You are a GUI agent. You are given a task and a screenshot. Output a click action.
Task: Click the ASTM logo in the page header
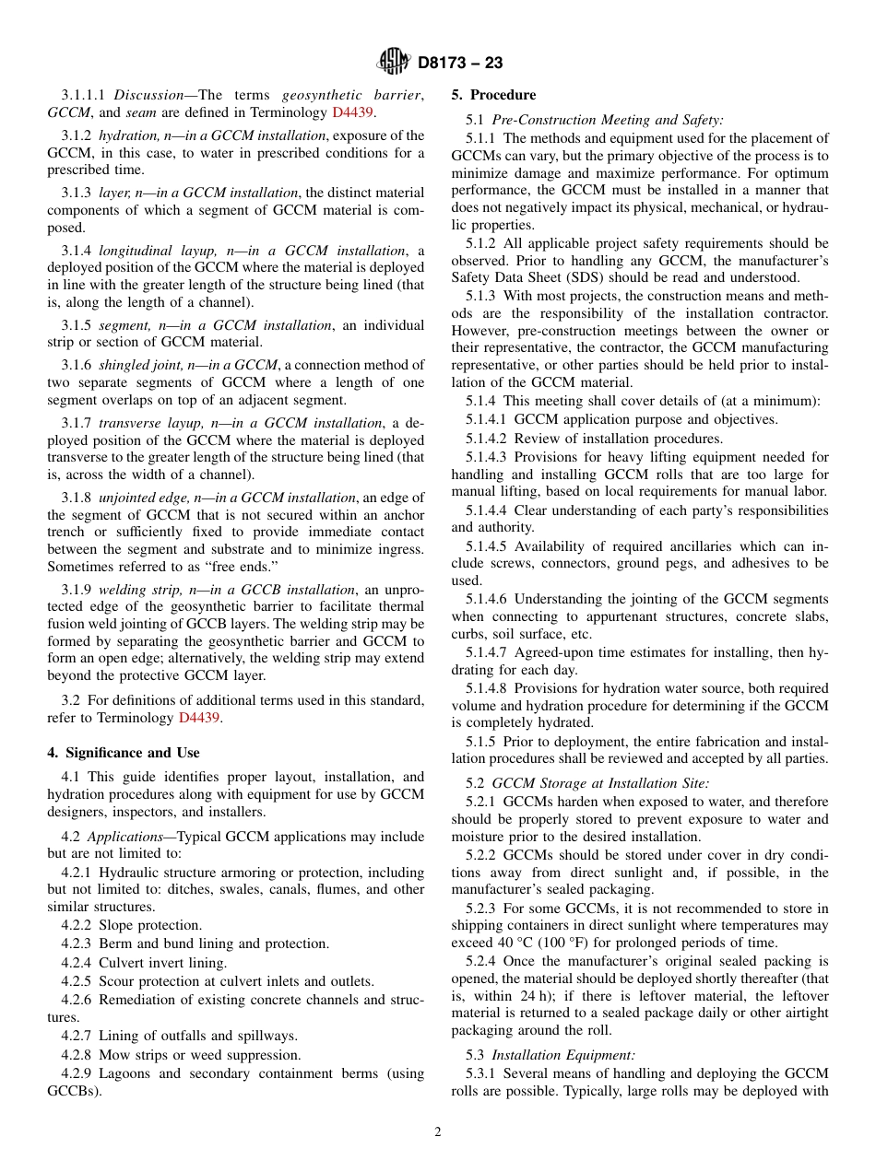click(x=394, y=63)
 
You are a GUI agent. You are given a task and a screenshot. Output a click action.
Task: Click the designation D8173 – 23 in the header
click(x=460, y=64)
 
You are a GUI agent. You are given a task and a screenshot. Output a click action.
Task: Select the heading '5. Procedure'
click(x=493, y=95)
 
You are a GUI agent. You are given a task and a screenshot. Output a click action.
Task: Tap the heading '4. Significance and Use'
click(x=124, y=753)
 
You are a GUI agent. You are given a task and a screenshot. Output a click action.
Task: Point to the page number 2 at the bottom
click(x=438, y=1132)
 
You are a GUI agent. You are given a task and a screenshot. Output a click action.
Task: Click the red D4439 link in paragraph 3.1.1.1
click(x=352, y=112)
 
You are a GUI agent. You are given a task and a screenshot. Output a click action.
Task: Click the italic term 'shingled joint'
click(x=140, y=365)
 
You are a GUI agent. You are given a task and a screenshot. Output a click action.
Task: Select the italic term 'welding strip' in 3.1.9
click(x=136, y=590)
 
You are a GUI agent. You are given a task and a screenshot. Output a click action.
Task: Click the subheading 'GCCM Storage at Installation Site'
click(x=599, y=783)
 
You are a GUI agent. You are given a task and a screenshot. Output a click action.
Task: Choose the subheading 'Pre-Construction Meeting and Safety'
click(x=608, y=120)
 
